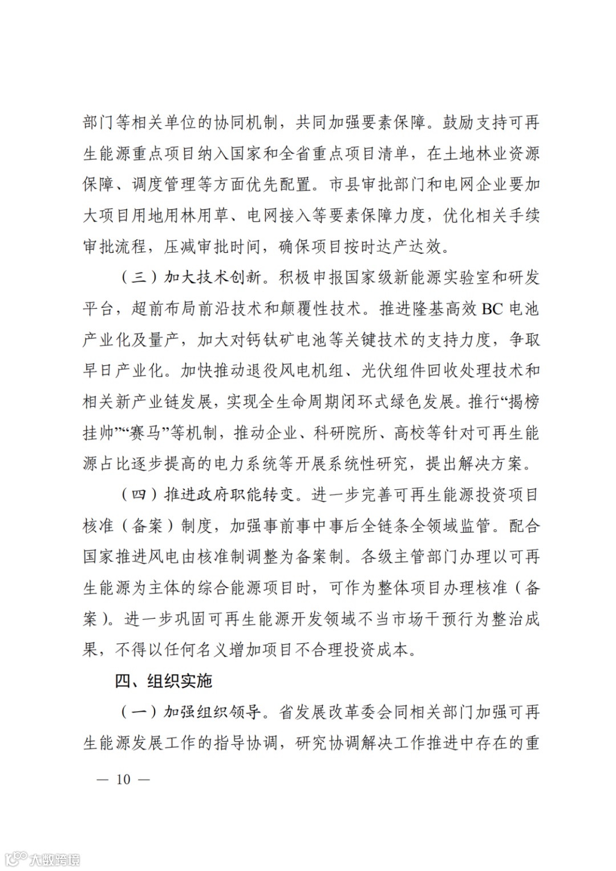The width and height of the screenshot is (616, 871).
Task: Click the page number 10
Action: pyautogui.click(x=123, y=779)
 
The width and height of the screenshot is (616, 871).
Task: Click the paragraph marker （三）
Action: pyautogui.click(x=139, y=278)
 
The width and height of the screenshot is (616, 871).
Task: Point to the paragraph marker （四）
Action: pyautogui.click(x=139, y=494)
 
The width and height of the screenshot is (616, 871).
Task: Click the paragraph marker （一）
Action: pyautogui.click(x=139, y=712)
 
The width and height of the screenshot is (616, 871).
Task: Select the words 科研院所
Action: pyautogui.click(x=345, y=433)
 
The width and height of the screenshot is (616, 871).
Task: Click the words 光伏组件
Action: pyautogui.click(x=394, y=371)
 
